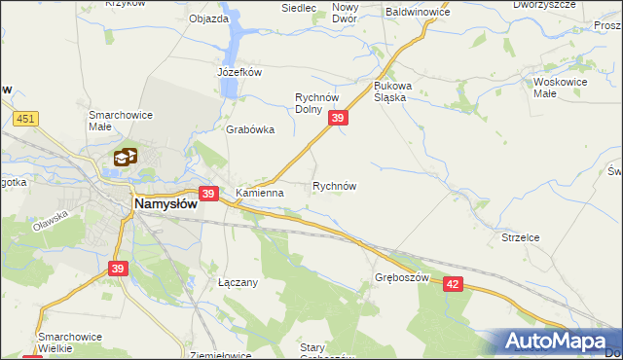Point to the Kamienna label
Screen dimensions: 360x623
pyautogui.click(x=260, y=193)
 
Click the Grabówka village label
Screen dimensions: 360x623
pyautogui.click(x=250, y=129)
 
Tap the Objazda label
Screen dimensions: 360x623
pyautogui.click(x=208, y=18)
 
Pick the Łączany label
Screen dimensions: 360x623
pyautogui.click(x=238, y=282)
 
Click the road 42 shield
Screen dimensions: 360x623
pyautogui.click(x=452, y=282)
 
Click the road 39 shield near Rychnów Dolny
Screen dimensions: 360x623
pyautogui.click(x=338, y=118)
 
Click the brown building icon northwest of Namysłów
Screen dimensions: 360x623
pyautogui.click(x=125, y=156)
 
